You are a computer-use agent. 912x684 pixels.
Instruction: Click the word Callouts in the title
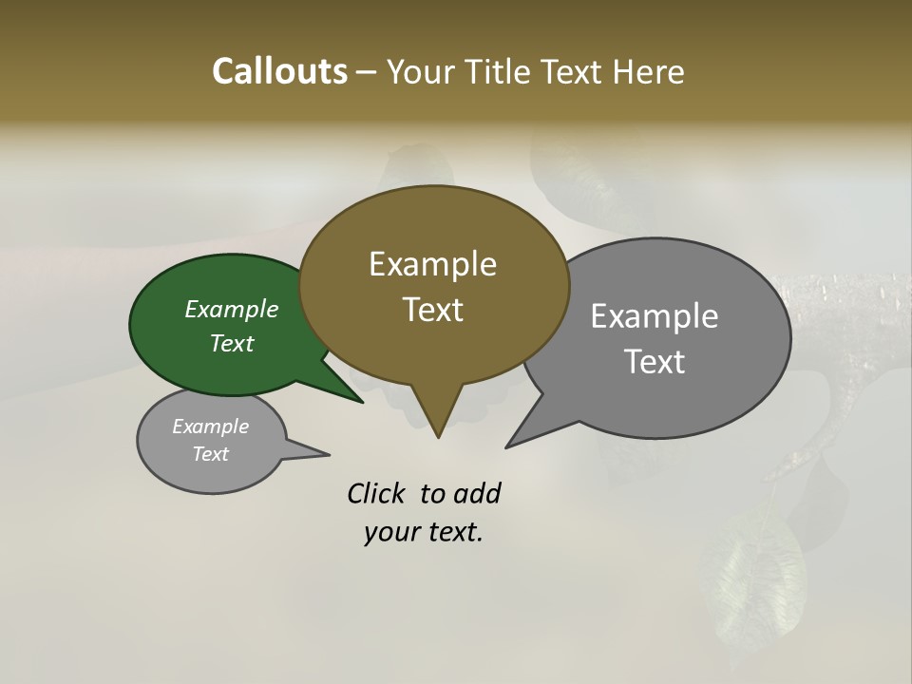point(279,72)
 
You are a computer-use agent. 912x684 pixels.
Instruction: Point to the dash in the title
point(367,73)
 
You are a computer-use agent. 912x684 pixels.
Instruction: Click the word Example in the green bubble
point(232,309)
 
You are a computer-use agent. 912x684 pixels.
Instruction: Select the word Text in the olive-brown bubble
point(433,310)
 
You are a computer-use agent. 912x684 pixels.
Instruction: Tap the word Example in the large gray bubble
point(655,315)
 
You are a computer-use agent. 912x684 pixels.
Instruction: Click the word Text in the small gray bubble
point(211,454)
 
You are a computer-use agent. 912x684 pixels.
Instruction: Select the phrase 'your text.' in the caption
point(424,532)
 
